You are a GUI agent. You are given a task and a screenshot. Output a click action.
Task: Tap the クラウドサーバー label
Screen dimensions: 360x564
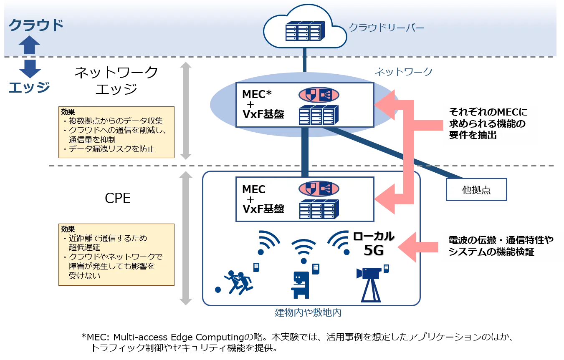[387, 28]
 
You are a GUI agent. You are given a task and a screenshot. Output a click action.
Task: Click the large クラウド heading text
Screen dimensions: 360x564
[36, 25]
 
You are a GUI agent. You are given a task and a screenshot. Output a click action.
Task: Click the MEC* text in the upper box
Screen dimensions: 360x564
[257, 94]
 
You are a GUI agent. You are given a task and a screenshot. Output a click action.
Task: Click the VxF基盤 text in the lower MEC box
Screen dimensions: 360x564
[263, 209]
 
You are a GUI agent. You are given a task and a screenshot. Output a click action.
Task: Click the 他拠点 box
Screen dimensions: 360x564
[476, 191]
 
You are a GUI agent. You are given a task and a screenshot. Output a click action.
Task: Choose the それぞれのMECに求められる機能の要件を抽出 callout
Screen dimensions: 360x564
[489, 123]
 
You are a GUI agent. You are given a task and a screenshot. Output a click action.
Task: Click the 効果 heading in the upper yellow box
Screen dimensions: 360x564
[68, 112]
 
